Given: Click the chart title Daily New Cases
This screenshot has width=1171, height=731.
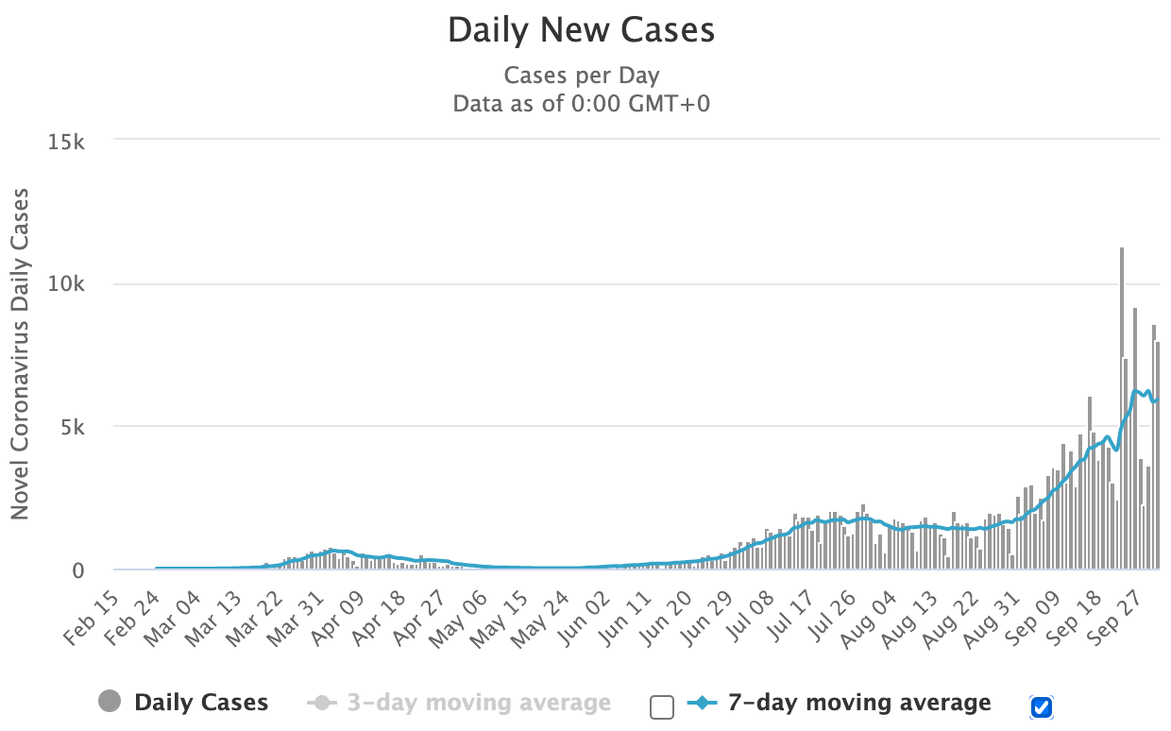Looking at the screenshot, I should (581, 30).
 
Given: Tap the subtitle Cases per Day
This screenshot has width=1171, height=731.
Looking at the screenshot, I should (581, 76).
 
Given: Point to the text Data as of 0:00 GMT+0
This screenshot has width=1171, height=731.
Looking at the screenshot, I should (581, 103).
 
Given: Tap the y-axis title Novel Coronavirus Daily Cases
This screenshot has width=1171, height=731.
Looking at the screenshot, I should (20, 353).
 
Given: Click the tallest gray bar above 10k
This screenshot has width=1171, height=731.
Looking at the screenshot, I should (1121, 406).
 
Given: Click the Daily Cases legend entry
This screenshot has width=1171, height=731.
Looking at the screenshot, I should (183, 703).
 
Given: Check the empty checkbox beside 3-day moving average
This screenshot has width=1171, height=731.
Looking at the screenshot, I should (662, 705).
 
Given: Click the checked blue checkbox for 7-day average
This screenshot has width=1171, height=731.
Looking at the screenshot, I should (1042, 705).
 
